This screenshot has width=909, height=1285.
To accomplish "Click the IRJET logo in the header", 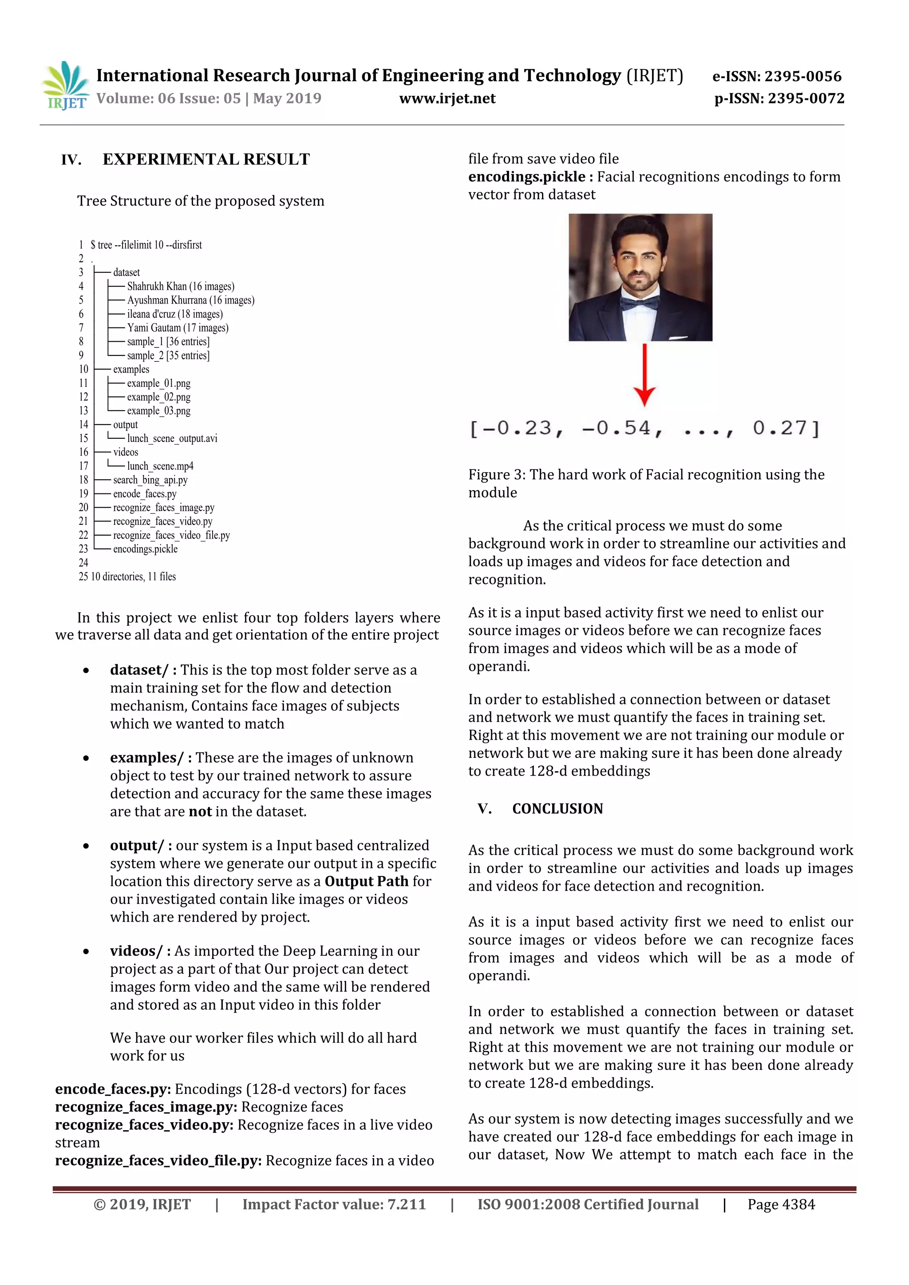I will [x=65, y=85].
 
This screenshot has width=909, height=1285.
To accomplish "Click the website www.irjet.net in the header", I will [x=447, y=99].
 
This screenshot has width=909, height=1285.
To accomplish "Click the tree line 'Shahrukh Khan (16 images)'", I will [x=180, y=287].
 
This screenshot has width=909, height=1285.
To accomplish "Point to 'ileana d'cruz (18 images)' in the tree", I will [x=174, y=314].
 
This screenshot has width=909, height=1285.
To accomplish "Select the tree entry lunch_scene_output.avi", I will [x=172, y=438].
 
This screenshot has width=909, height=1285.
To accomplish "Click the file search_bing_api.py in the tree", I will [x=150, y=480].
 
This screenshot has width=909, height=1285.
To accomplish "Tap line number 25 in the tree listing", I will [x=83, y=576].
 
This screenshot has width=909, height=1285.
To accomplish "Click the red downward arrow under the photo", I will [x=645, y=375].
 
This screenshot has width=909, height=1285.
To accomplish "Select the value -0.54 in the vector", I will [x=621, y=429].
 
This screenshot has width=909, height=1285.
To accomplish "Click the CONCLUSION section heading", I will [x=557, y=809].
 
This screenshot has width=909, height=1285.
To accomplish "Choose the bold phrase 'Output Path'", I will [x=367, y=882].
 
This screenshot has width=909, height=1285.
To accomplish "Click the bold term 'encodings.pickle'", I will [x=527, y=177].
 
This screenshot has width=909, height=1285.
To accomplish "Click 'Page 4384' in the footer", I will [x=781, y=1204].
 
